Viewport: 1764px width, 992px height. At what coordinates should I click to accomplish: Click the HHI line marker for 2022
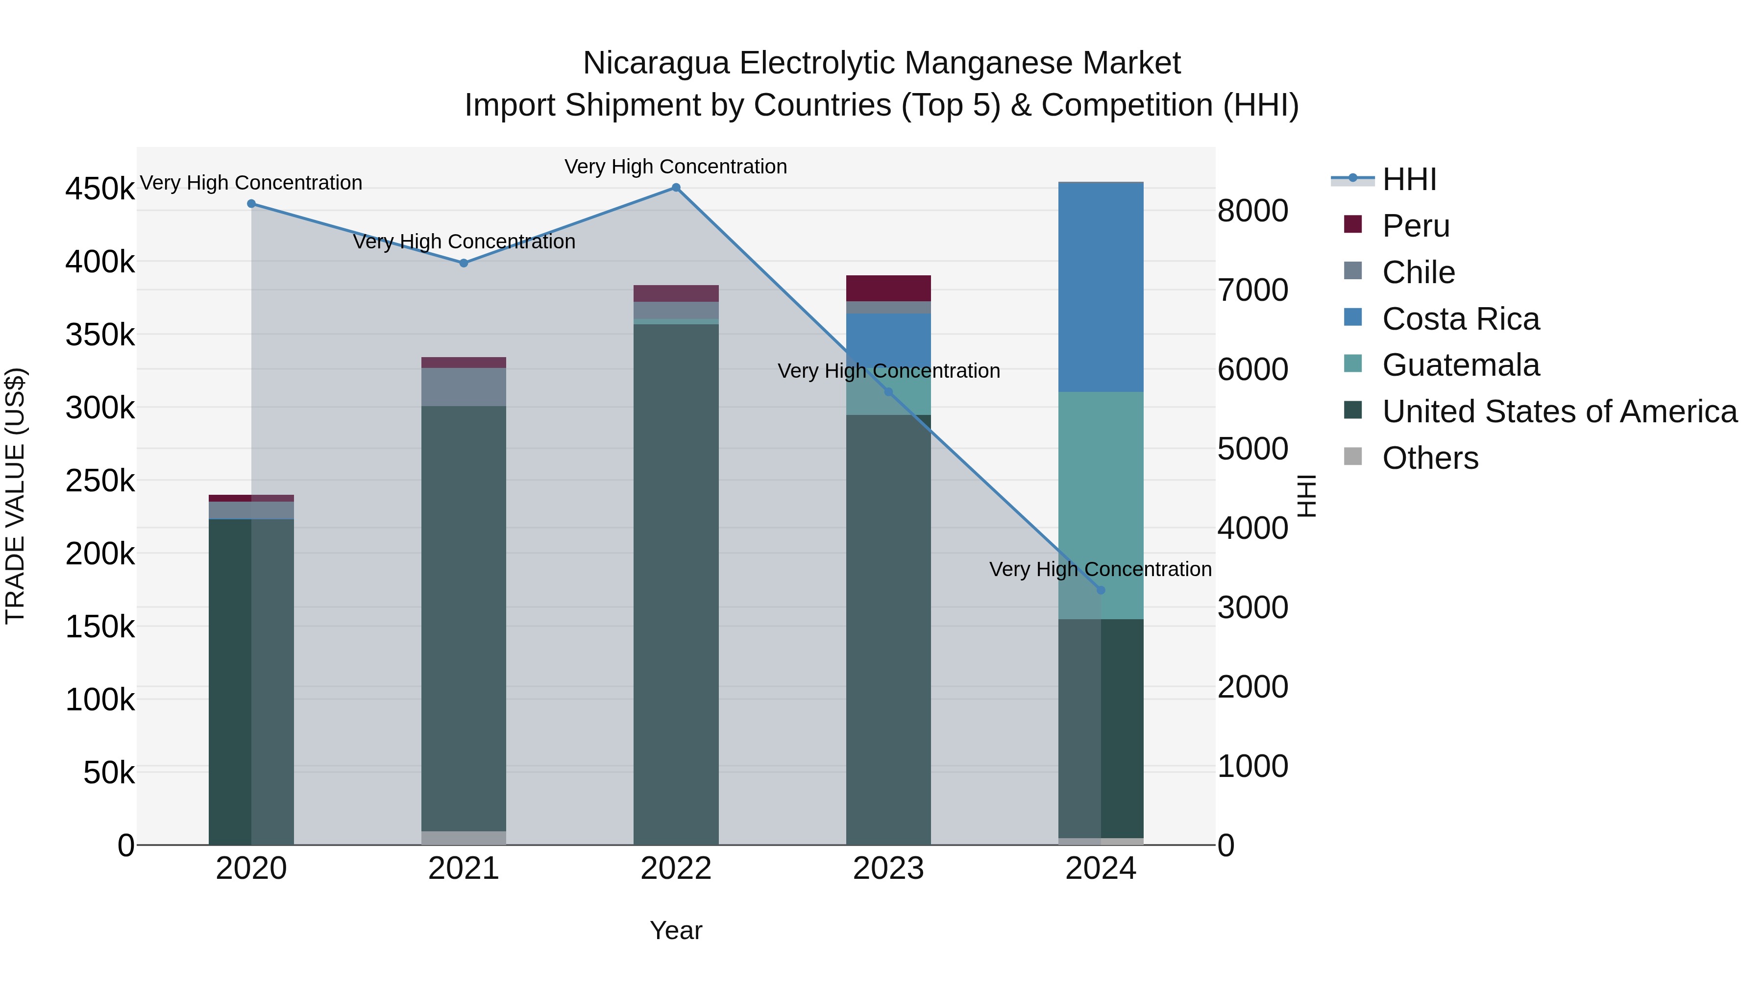point(676,188)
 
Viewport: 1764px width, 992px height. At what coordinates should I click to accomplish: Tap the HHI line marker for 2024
point(1101,590)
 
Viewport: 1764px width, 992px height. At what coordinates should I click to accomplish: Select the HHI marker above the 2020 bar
point(251,203)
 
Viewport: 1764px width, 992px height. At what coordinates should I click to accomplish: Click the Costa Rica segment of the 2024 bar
point(1101,288)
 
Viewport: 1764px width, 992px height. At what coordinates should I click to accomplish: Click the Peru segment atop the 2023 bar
point(888,288)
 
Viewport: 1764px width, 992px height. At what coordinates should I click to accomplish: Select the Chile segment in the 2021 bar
point(464,387)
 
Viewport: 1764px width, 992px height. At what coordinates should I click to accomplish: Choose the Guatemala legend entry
point(1460,365)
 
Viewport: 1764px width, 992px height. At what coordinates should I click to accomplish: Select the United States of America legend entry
point(1559,411)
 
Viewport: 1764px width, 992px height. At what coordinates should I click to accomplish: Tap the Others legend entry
point(1430,458)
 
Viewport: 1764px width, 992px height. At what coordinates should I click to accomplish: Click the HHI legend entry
point(1409,179)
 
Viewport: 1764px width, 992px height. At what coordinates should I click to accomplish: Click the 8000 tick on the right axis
point(1252,211)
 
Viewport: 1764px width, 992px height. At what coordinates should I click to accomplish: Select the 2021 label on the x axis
point(464,869)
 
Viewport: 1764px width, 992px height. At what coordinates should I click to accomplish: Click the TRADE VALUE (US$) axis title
point(15,496)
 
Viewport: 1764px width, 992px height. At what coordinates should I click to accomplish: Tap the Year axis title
point(676,930)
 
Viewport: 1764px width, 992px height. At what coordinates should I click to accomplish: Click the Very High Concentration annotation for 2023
point(889,371)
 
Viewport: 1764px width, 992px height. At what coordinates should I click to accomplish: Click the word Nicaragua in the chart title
point(656,63)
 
